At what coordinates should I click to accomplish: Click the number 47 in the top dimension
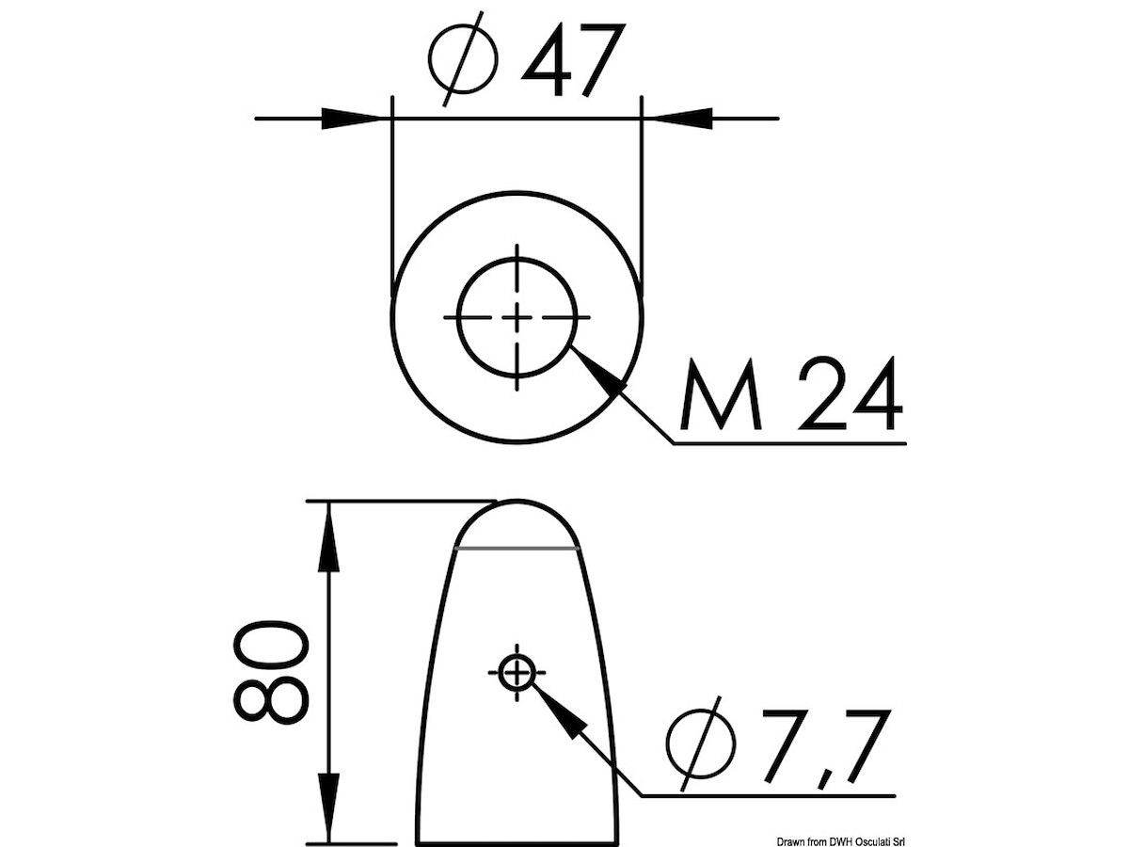click(x=573, y=59)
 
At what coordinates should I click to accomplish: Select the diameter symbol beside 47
click(x=463, y=59)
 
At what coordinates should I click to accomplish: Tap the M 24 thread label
click(x=790, y=393)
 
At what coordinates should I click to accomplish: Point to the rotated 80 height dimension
click(x=271, y=673)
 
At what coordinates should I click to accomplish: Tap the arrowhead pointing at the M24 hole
click(x=598, y=374)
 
